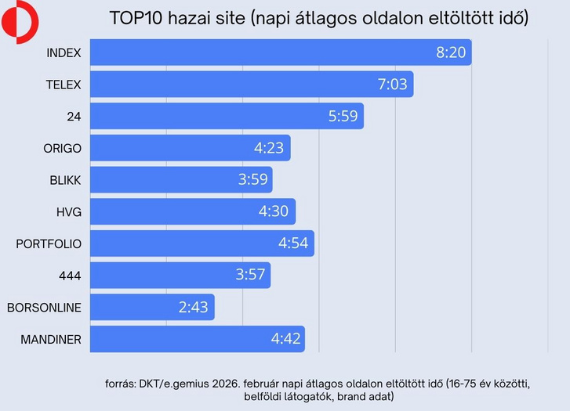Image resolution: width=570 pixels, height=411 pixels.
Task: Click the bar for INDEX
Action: click(x=281, y=52)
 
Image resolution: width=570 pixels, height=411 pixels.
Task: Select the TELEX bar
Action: click(x=252, y=85)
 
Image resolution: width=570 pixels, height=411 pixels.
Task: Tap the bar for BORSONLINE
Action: click(x=152, y=307)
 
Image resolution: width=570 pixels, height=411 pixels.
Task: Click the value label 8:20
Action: click(x=451, y=52)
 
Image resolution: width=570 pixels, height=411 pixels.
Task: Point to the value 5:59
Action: click(x=343, y=117)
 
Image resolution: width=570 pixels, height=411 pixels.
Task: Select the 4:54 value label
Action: click(x=294, y=243)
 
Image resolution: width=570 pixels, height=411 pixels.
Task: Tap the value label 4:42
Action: click(x=285, y=339)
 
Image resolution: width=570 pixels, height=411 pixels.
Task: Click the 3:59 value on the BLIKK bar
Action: click(x=253, y=180)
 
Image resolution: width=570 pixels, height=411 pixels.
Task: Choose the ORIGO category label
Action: click(x=62, y=148)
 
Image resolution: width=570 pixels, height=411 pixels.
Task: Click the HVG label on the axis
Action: click(x=68, y=211)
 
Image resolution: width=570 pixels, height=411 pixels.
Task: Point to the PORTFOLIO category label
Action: click(x=49, y=243)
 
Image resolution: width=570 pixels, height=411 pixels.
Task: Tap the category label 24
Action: click(x=74, y=117)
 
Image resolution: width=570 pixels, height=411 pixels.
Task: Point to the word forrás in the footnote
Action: click(x=122, y=384)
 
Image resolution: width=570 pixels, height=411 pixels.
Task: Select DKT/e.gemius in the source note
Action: click(x=177, y=384)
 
